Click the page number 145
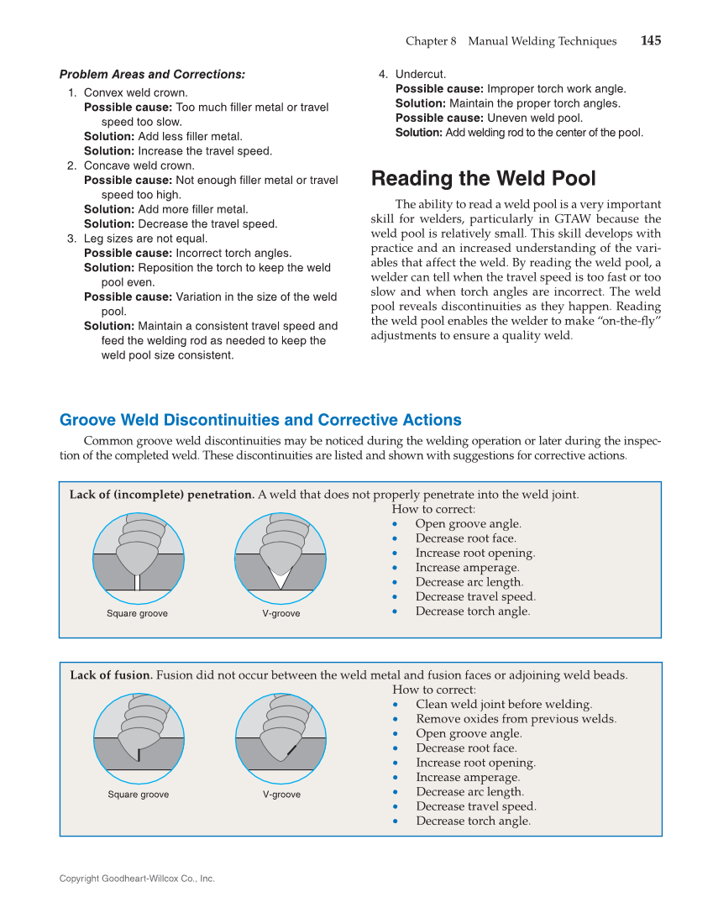tap(650, 41)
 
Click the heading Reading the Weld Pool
tap(483, 179)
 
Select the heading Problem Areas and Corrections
tap(152, 75)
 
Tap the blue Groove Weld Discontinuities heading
tap(260, 420)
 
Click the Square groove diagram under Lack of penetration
tap(138, 557)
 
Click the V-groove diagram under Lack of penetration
tap(280, 557)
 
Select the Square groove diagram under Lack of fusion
tap(139, 737)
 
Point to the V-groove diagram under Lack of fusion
tap(280, 737)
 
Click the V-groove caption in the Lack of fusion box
tap(281, 795)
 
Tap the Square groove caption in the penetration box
tap(137, 614)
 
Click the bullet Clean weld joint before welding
tap(503, 705)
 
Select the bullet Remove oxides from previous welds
tap(516, 719)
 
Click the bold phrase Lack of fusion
tap(111, 675)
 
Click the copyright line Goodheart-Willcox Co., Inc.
tap(137, 879)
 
